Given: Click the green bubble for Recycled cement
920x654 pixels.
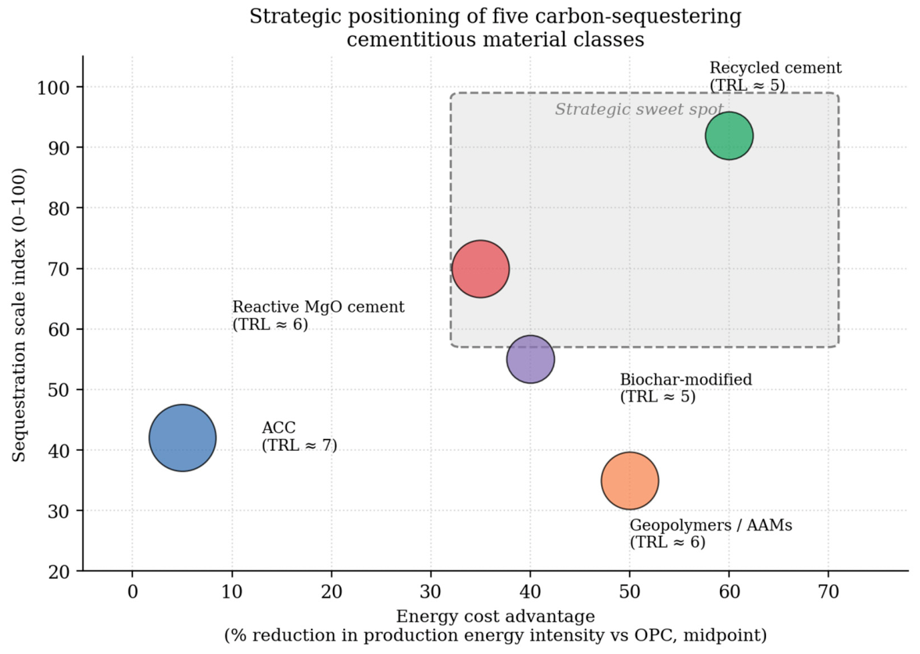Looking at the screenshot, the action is point(728,135).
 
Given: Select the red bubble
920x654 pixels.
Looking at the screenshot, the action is point(481,269).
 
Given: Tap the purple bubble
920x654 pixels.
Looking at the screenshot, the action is point(531,359).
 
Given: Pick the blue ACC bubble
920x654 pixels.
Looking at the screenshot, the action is point(182,438).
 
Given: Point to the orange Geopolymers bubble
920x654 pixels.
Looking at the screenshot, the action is point(629,481).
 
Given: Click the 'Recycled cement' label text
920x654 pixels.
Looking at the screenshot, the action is point(775,68).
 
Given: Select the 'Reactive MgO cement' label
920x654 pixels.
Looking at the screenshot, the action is point(319,307).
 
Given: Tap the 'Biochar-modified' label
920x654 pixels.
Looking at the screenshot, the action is point(686,380).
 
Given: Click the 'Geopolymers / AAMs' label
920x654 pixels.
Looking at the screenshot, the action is point(711,525).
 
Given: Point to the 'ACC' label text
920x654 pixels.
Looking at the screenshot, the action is point(279,427).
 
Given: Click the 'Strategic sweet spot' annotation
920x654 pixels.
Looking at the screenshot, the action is point(639,109).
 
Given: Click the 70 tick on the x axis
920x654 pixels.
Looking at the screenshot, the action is point(829,591).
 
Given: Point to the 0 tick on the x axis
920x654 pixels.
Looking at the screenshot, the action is point(133,591).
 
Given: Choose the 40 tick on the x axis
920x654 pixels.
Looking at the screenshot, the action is point(531,591).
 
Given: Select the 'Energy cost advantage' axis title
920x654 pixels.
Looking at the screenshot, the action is point(496,616).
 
